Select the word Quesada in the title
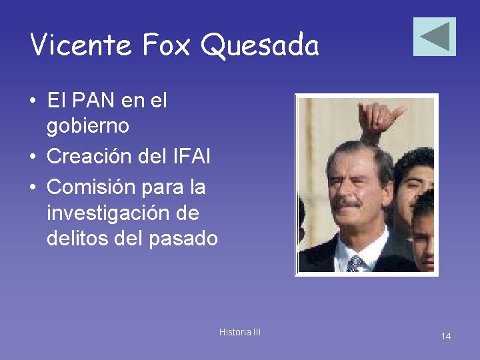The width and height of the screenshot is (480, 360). (x=260, y=45)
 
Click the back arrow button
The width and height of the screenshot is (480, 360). (x=434, y=37)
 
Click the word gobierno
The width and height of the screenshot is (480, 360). (x=87, y=125)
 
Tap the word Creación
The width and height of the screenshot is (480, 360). (x=88, y=157)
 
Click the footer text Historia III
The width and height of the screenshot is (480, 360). (x=240, y=332)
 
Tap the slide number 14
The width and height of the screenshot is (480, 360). (x=445, y=336)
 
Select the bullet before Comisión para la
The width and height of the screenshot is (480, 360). (x=33, y=188)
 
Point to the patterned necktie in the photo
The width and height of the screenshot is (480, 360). (x=354, y=263)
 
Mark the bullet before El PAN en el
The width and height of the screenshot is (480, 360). (x=33, y=102)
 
